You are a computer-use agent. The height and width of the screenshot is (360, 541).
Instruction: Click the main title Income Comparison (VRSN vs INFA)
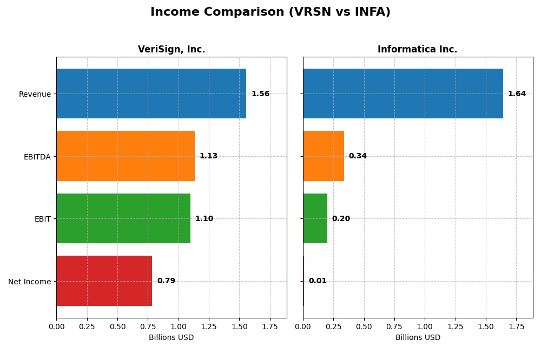coord(270,12)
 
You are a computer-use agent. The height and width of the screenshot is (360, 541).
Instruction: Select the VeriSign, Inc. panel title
coord(171,49)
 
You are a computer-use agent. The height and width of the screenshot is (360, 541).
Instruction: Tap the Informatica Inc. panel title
coord(417,49)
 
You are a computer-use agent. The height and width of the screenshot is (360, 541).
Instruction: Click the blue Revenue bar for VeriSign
coord(151,94)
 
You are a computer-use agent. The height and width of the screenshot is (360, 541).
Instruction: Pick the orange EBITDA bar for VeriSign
coord(126,156)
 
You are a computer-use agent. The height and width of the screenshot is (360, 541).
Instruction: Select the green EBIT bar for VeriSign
coord(123,218)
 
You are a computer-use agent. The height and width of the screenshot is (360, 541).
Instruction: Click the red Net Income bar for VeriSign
coord(104,281)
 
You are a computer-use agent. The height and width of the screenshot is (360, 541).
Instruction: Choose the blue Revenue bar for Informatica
coord(403,94)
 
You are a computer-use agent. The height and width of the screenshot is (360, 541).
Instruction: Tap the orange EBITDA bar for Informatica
coord(324,156)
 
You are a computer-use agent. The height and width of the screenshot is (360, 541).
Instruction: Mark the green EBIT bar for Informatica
coord(315,218)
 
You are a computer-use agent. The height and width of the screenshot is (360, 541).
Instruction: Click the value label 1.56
coord(260,94)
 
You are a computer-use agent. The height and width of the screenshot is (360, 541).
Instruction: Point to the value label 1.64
coord(517,94)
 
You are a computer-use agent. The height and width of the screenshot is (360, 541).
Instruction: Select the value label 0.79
coord(166,281)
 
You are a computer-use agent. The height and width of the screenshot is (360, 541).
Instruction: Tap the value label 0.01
coord(318,281)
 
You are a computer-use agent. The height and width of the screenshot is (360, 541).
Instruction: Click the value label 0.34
coord(358,156)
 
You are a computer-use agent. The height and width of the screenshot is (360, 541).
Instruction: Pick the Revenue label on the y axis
coord(35,94)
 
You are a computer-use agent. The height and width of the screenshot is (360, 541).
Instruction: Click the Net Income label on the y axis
coord(29,282)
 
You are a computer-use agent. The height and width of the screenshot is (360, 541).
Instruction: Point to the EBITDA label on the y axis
coord(37,157)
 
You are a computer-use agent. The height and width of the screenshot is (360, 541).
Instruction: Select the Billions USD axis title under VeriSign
coord(171,337)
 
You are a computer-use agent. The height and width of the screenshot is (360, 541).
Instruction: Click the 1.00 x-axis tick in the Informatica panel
coord(425,327)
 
